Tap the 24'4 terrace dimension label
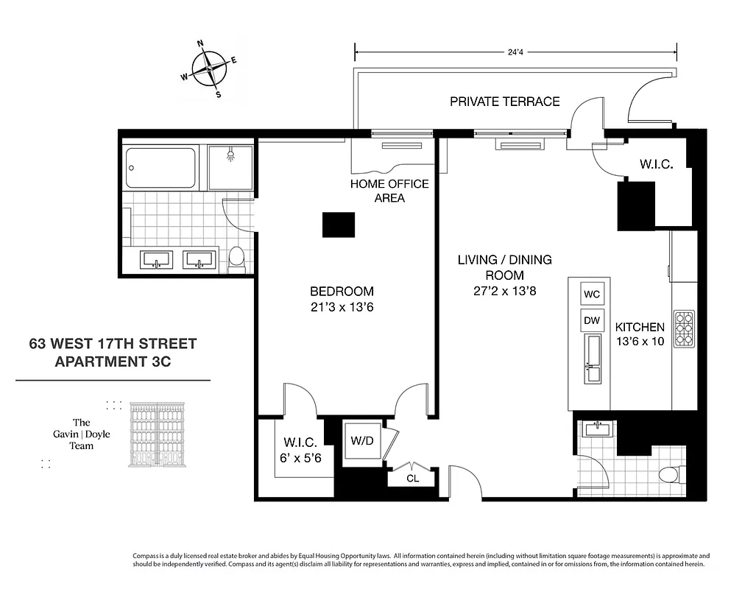coord(515,52)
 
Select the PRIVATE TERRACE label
coord(504,102)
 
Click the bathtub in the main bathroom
coord(161,169)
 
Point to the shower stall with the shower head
coord(230,168)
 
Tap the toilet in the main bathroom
coord(236,258)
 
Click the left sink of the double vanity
coord(157,260)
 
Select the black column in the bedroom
coord(339,225)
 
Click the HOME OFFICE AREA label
coord(389,191)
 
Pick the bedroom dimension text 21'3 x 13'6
coord(342,308)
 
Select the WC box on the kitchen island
coord(592,294)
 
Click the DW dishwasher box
coord(592,320)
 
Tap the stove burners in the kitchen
coord(684,329)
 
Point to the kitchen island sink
coord(593,358)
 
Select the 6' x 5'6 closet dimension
coord(300,457)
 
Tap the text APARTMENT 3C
coord(113,361)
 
